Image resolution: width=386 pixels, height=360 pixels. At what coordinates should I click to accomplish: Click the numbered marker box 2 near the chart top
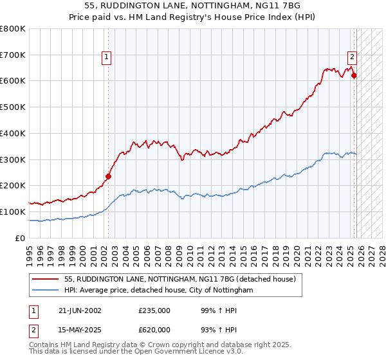pyautogui.click(x=353, y=56)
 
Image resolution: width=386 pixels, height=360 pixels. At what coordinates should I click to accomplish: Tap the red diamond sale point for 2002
pyautogui.click(x=108, y=176)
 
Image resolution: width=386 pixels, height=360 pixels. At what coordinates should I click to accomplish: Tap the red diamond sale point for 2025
pyautogui.click(x=354, y=75)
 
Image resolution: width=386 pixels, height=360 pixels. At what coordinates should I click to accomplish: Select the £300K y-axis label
pyautogui.click(x=13, y=159)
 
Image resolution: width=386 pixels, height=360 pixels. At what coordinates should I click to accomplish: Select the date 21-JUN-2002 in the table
pyautogui.click(x=80, y=310)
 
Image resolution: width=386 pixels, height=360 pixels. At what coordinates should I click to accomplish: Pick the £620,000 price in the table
pyautogui.click(x=154, y=330)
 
